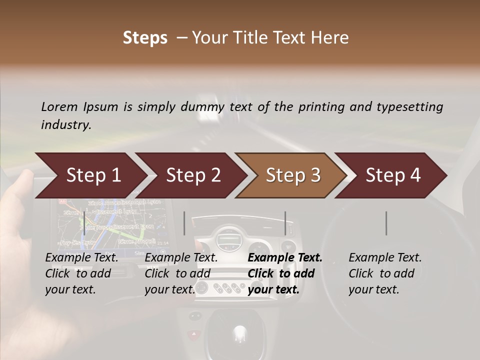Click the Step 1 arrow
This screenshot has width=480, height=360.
coord(90,175)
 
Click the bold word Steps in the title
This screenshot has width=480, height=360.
coord(145,38)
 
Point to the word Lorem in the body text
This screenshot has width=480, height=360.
coord(59,106)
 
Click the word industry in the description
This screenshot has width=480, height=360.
coord(65,125)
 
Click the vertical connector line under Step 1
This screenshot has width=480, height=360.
coord(84,223)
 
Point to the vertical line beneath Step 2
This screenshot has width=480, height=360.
coord(184,223)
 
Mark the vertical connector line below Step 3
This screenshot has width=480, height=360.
coord(285,223)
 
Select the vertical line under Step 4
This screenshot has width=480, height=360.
coord(386,223)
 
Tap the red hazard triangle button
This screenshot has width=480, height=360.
coord(193,333)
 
